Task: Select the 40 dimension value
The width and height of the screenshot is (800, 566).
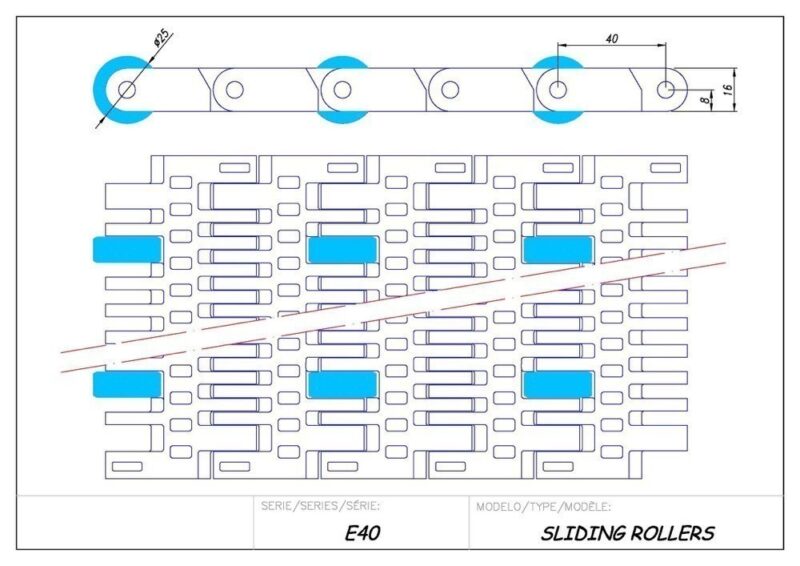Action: tap(611, 37)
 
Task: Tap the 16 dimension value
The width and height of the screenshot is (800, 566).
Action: tap(730, 89)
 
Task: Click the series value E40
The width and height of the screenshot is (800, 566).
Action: tap(361, 533)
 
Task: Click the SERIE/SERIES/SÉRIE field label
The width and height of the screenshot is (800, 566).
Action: tap(319, 506)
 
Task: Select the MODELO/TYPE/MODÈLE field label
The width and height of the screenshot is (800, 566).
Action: tap(544, 506)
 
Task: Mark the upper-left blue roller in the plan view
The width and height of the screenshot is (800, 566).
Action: tap(127, 249)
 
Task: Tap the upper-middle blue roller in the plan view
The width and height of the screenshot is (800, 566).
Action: tap(342, 249)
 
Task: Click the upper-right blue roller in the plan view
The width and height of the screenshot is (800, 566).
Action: tap(558, 249)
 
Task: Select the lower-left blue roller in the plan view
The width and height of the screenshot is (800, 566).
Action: tap(127, 384)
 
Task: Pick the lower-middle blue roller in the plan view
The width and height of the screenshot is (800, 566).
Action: tap(342, 384)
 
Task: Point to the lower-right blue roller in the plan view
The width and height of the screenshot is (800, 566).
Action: tap(558, 384)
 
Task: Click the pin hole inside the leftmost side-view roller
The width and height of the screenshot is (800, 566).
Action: tap(127, 90)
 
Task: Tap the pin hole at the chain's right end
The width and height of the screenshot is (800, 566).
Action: tap(666, 90)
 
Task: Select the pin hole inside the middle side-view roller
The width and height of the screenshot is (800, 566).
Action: tap(342, 90)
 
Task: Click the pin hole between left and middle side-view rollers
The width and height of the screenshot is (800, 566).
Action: tap(234, 90)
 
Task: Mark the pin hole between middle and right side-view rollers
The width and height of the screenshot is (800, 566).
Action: tap(450, 90)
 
